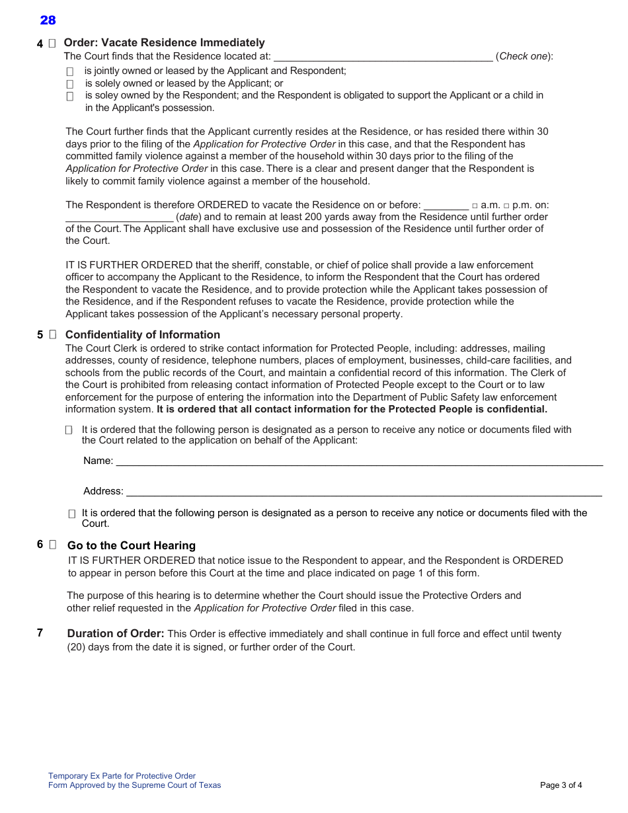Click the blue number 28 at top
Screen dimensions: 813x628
[x=48, y=20]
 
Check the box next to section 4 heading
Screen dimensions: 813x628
[x=52, y=44]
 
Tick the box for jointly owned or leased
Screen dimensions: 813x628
[x=70, y=71]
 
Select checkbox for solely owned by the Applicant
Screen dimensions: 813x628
[x=70, y=84]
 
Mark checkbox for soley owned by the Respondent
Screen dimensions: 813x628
[x=70, y=97]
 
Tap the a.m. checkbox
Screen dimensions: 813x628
[x=475, y=206]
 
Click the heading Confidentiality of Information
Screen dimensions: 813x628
[x=142, y=334]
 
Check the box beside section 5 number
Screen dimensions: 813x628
[x=52, y=334]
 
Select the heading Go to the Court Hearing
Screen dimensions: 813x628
[x=132, y=545]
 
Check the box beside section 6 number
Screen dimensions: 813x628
[x=53, y=545]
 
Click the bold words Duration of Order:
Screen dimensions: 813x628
[x=116, y=633]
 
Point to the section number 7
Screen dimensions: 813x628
[x=40, y=633]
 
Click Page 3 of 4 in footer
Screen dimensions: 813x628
[x=561, y=785]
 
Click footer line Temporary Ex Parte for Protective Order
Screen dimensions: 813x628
[x=122, y=776]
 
